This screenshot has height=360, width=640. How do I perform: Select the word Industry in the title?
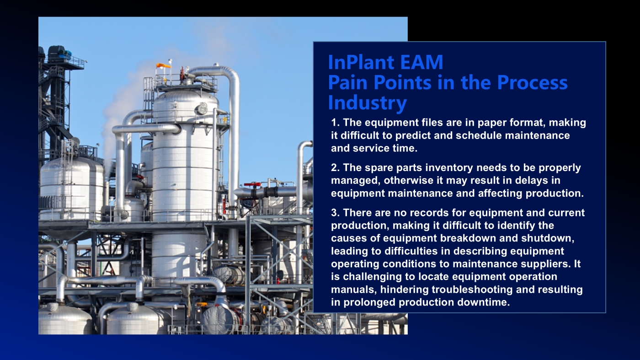point(368,103)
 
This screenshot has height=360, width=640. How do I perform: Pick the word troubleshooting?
point(472,290)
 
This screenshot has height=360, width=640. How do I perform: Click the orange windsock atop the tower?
point(164,66)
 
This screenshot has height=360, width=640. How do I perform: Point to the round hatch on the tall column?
point(201,109)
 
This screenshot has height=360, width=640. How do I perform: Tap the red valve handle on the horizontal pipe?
point(252,184)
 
